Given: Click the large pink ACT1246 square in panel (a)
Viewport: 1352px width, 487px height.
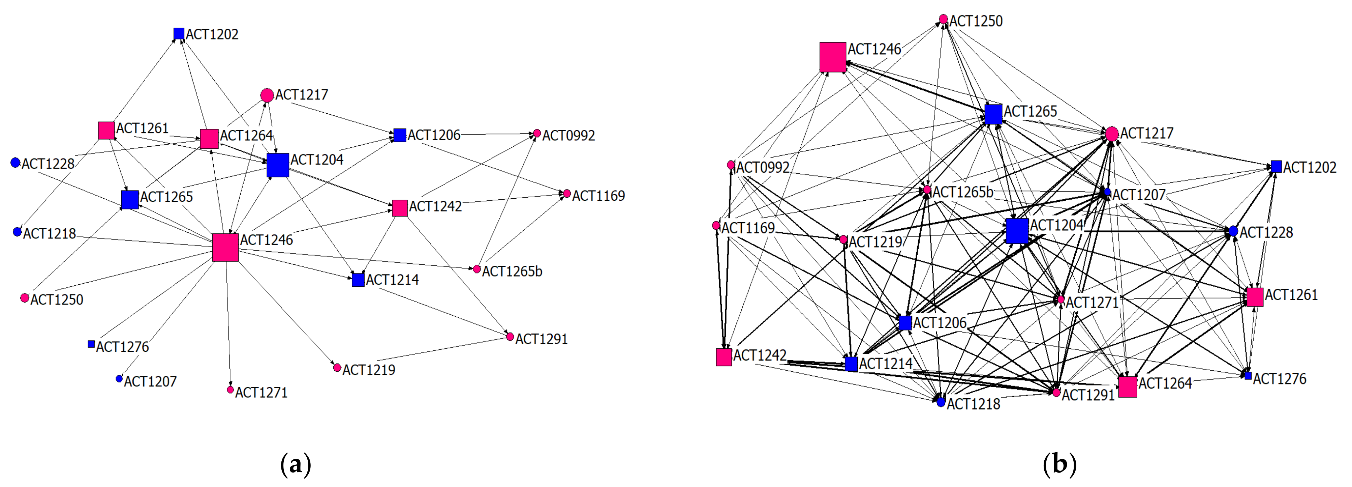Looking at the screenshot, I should point(225,248).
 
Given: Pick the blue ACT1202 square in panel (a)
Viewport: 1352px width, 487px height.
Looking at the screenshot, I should point(179,34).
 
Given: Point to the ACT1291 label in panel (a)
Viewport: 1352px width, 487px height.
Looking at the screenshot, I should point(541,339).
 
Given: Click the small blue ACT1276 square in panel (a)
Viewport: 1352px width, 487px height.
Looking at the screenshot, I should point(91,344).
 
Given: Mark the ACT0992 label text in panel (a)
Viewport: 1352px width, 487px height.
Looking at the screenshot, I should point(569,136).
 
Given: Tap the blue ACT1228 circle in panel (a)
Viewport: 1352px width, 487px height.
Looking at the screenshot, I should point(15,163).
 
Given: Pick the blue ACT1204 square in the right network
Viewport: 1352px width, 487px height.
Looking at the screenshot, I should point(1017,231).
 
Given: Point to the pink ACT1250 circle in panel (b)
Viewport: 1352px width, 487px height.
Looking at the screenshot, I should point(943,20).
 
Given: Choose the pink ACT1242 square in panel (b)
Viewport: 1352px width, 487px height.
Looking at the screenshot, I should point(724,357).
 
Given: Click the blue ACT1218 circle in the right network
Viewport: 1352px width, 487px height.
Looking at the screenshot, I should point(941,402).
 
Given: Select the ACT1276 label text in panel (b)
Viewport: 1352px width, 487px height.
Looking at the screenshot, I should point(1279,379).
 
